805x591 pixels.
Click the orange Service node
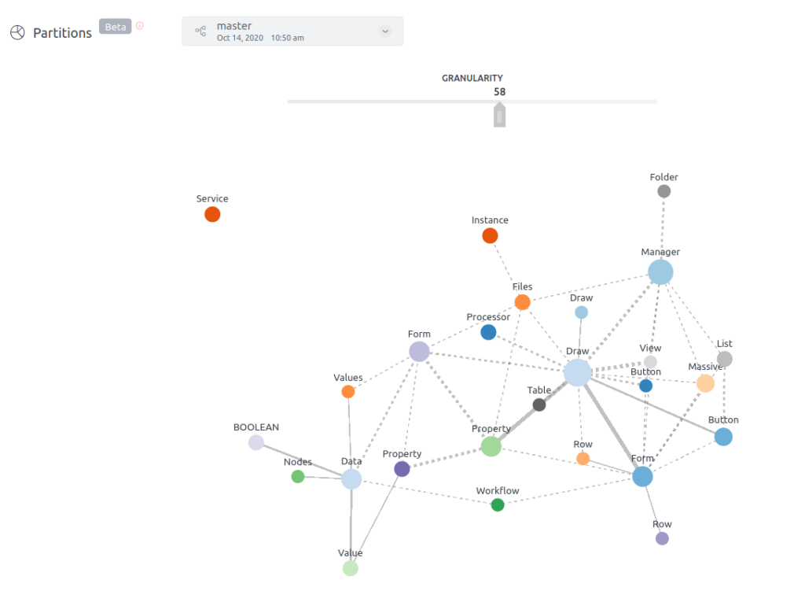(212, 214)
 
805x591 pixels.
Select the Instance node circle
(490, 235)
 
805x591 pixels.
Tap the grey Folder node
(664, 191)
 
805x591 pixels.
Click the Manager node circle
(660, 272)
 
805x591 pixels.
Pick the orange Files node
(522, 302)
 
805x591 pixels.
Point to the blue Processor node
(488, 332)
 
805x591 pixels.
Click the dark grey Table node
(539, 404)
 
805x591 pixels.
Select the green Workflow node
(498, 505)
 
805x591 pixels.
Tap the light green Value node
(351, 568)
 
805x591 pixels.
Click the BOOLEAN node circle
(256, 442)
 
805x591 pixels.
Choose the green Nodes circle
(298, 476)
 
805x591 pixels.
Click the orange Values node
(348, 392)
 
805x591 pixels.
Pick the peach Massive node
(705, 383)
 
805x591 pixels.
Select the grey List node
(725, 359)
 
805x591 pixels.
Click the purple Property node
(402, 469)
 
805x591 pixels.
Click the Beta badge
(115, 27)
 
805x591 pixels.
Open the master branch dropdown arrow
(385, 31)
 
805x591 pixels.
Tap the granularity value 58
(500, 92)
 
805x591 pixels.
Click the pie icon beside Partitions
(18, 32)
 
